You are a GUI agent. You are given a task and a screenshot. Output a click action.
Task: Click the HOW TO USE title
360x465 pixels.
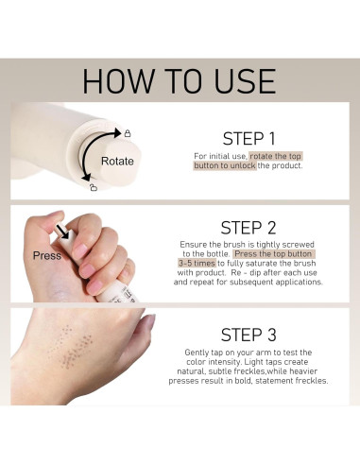point(179,81)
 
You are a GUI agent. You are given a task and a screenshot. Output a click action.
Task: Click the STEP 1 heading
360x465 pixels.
point(249,139)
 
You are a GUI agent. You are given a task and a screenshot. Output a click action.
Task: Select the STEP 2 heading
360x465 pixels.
point(249,228)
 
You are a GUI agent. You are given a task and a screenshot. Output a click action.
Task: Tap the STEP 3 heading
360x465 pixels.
point(249,335)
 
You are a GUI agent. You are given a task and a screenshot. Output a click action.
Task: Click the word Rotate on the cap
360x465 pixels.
point(117,161)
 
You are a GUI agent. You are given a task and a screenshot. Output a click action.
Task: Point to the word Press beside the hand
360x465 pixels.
point(47,255)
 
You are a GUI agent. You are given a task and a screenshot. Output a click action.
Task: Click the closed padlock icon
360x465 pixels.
point(128,133)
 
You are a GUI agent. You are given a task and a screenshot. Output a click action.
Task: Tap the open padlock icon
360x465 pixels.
point(93,187)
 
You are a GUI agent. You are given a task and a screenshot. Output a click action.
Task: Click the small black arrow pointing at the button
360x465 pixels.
point(63,231)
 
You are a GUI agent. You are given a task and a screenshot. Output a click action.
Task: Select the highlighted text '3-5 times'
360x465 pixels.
point(197,264)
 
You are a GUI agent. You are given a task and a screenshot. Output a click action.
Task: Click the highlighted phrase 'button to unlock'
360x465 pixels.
point(225,165)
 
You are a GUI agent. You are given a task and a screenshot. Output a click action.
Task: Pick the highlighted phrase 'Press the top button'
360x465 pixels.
point(273,254)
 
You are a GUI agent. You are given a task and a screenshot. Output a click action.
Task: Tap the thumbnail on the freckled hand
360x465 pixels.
point(149,322)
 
